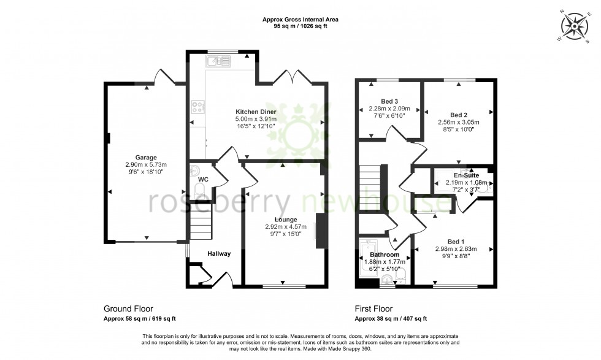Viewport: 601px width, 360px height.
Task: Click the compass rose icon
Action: coord(575,26)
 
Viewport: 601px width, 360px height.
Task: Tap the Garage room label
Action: coord(146,157)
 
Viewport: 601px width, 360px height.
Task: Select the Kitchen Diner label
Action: coord(256,112)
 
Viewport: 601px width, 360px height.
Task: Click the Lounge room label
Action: coord(286,220)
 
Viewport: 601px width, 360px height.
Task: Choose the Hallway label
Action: coord(218,253)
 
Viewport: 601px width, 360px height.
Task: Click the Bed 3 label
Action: coord(385,101)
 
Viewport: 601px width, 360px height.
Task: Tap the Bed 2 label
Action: coord(459,115)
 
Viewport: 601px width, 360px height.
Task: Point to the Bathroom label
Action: coord(385,255)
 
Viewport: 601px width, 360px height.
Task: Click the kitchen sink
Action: coord(218,61)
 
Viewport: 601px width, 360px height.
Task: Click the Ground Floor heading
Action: coord(128,309)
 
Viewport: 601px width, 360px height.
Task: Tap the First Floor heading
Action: coord(373,309)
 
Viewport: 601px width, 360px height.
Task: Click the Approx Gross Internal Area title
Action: coord(300,20)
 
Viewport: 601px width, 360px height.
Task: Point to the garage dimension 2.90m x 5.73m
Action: coord(146,164)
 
